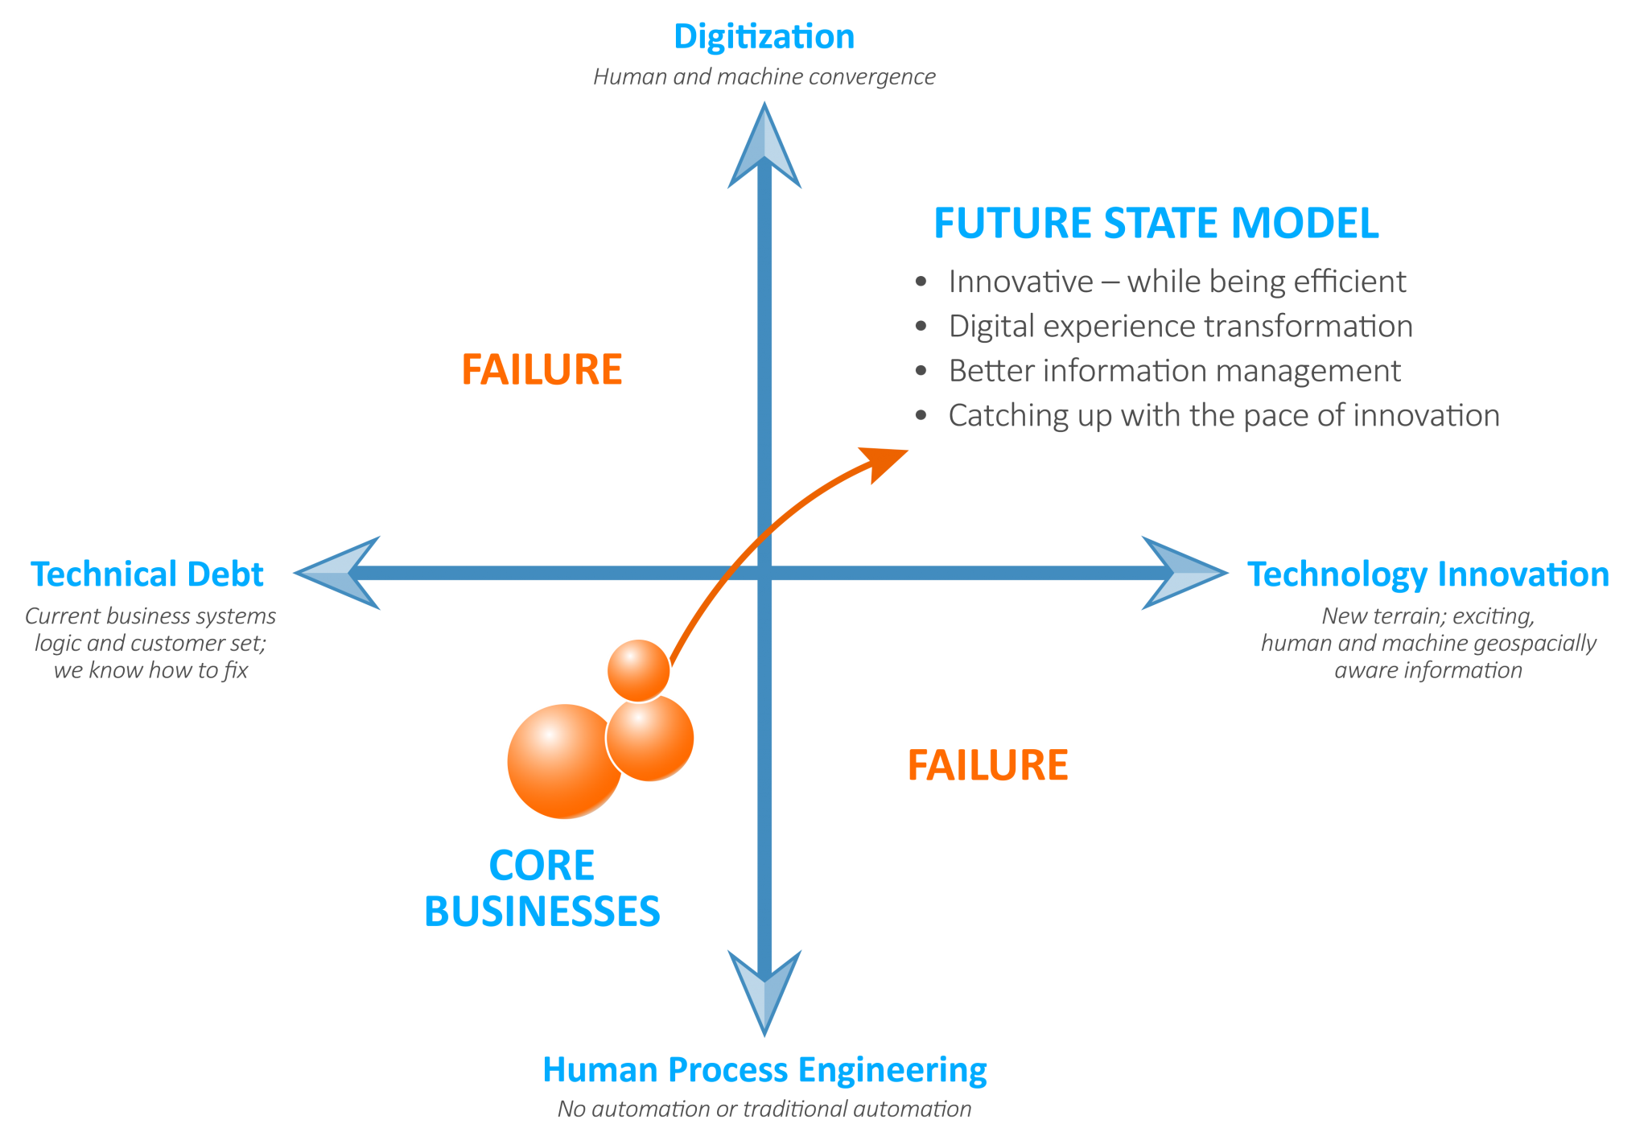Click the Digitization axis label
764,37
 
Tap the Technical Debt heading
147,574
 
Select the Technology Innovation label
1428,574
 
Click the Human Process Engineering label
764,1070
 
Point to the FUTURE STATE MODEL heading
1156,224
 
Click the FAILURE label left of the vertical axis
542,370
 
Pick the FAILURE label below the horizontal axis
987,765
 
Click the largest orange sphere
563,761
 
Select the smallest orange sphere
638,669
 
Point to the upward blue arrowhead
764,149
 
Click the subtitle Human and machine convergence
764,77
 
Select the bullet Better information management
1174,371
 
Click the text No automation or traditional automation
764,1109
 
